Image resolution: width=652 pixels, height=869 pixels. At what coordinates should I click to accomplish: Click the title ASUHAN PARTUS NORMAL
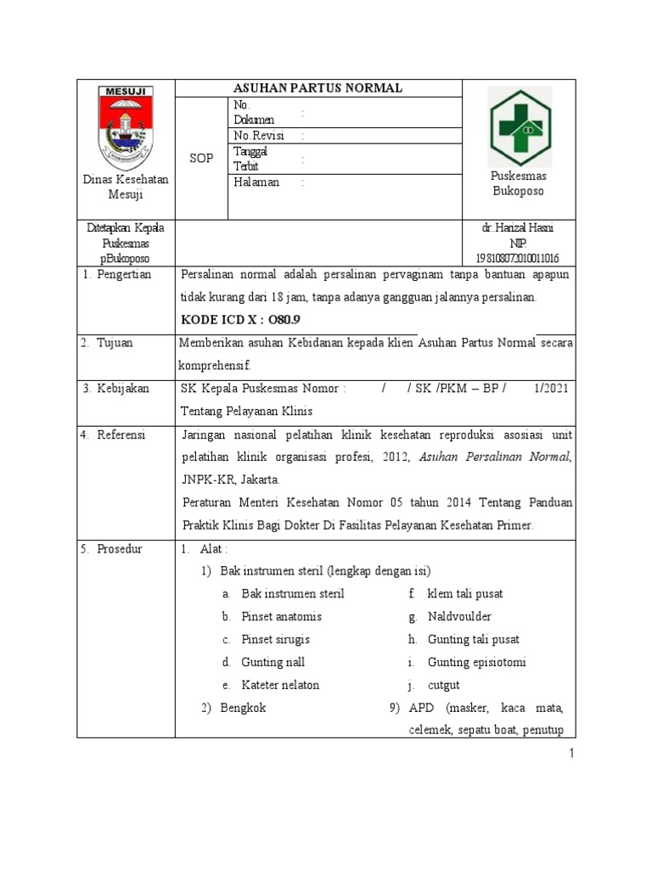(x=318, y=88)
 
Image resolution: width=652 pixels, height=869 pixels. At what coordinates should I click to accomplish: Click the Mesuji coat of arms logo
(x=126, y=127)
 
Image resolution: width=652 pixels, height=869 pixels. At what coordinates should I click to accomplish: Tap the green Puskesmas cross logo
(x=520, y=128)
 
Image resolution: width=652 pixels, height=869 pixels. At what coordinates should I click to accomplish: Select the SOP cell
(x=201, y=159)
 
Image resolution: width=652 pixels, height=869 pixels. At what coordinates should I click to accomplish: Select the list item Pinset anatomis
(x=281, y=617)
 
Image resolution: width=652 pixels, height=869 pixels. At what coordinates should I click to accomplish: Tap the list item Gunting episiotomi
(x=470, y=662)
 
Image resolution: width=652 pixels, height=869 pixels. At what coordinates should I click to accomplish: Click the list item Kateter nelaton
(x=280, y=685)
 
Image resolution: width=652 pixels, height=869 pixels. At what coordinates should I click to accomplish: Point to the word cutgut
(x=444, y=685)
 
